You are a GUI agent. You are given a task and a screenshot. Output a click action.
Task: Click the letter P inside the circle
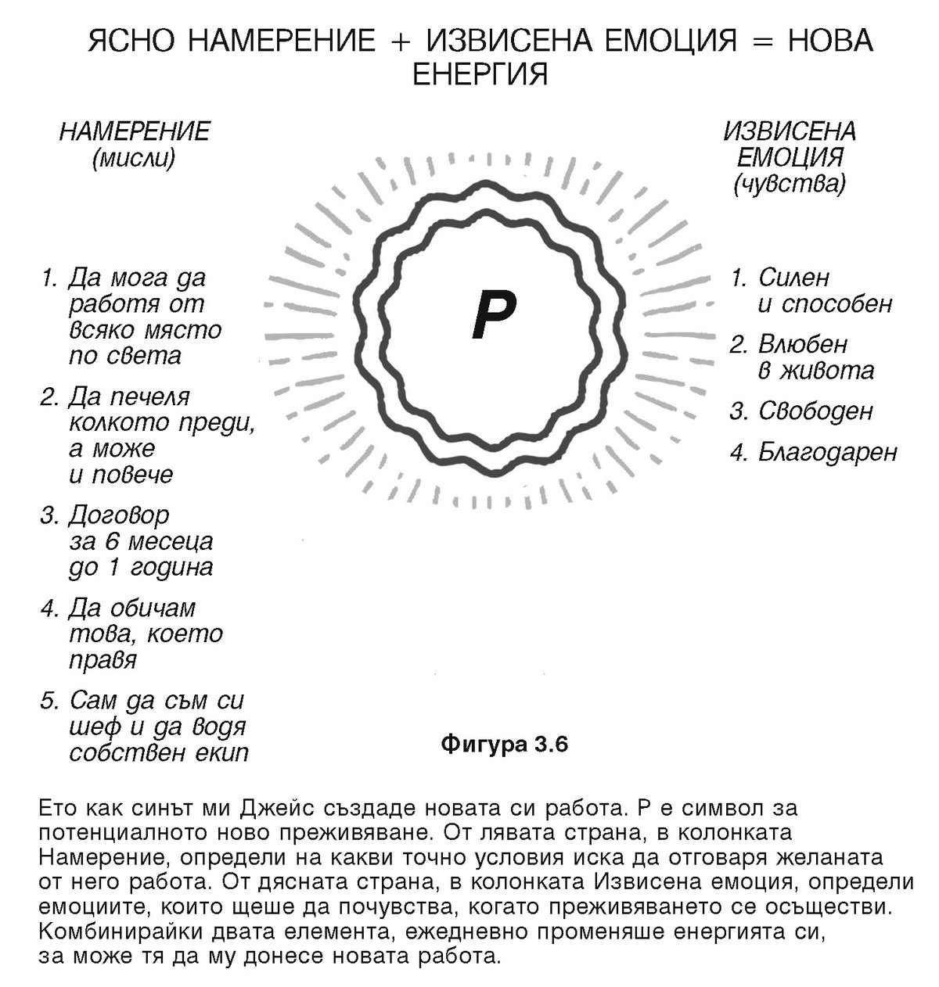(493, 314)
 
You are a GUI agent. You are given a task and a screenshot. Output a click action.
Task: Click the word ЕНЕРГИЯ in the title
(479, 74)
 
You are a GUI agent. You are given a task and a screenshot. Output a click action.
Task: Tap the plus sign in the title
(401, 41)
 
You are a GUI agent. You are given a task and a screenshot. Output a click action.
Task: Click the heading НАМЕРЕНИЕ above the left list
(134, 131)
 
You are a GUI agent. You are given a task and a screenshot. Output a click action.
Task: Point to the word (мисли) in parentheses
(133, 159)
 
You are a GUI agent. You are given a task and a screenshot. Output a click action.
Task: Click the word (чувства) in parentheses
(790, 184)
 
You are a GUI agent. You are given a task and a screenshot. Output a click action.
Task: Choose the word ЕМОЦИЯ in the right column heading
(790, 157)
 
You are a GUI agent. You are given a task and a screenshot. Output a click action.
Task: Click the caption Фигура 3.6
(504, 744)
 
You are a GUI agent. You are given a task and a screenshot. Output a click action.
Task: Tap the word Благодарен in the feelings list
(827, 452)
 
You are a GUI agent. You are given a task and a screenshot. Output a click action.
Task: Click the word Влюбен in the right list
(803, 345)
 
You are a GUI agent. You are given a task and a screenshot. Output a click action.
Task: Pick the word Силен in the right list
(793, 278)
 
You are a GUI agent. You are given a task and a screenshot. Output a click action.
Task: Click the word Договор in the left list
(119, 515)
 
